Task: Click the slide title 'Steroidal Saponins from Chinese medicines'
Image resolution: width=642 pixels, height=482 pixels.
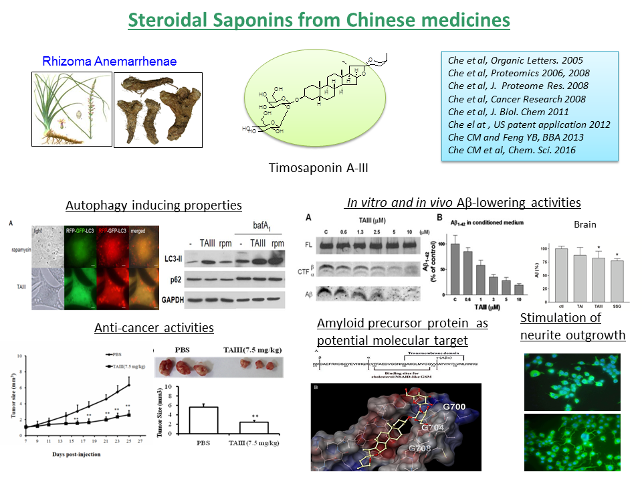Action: [319, 20]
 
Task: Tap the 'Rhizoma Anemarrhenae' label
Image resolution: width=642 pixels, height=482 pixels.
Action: [110, 62]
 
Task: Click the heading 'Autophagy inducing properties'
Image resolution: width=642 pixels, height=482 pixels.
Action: [154, 206]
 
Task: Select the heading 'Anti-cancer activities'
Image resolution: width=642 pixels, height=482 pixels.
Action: [154, 328]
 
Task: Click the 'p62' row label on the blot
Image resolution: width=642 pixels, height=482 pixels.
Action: [173, 277]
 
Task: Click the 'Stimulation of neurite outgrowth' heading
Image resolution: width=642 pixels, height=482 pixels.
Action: [572, 326]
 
